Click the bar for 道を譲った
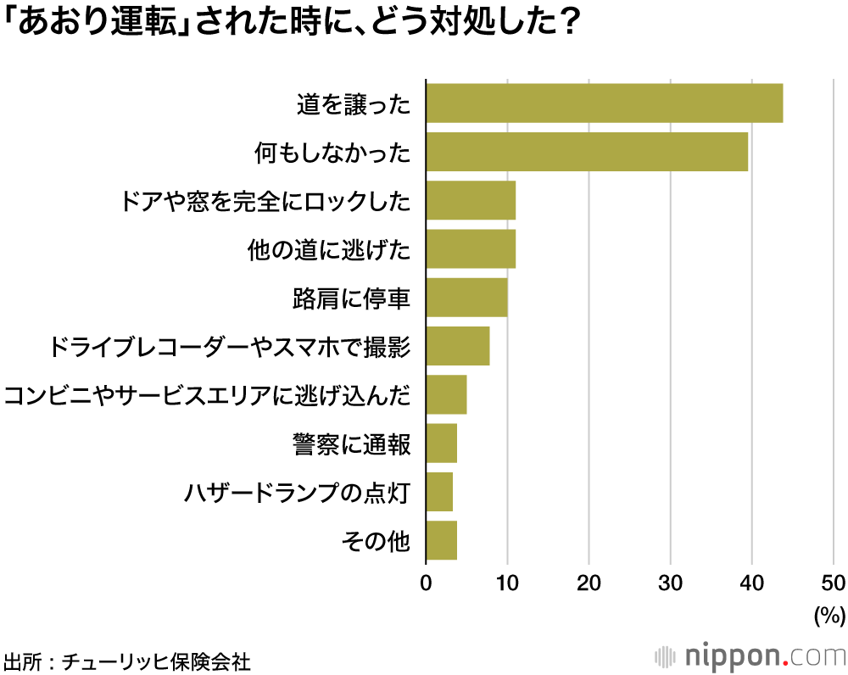604,103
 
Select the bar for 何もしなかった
587,152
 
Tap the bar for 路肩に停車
466,297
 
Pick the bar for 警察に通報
441,443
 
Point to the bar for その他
441,540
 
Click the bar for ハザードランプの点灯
439,492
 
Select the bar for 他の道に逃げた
471,248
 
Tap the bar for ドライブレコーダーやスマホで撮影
458,346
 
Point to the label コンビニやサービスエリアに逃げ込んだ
208,395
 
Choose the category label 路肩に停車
351,298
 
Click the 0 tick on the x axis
426,583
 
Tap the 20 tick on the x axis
589,583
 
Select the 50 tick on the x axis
834,583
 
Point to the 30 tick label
670,583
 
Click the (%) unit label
828,614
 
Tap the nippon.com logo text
763,656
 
